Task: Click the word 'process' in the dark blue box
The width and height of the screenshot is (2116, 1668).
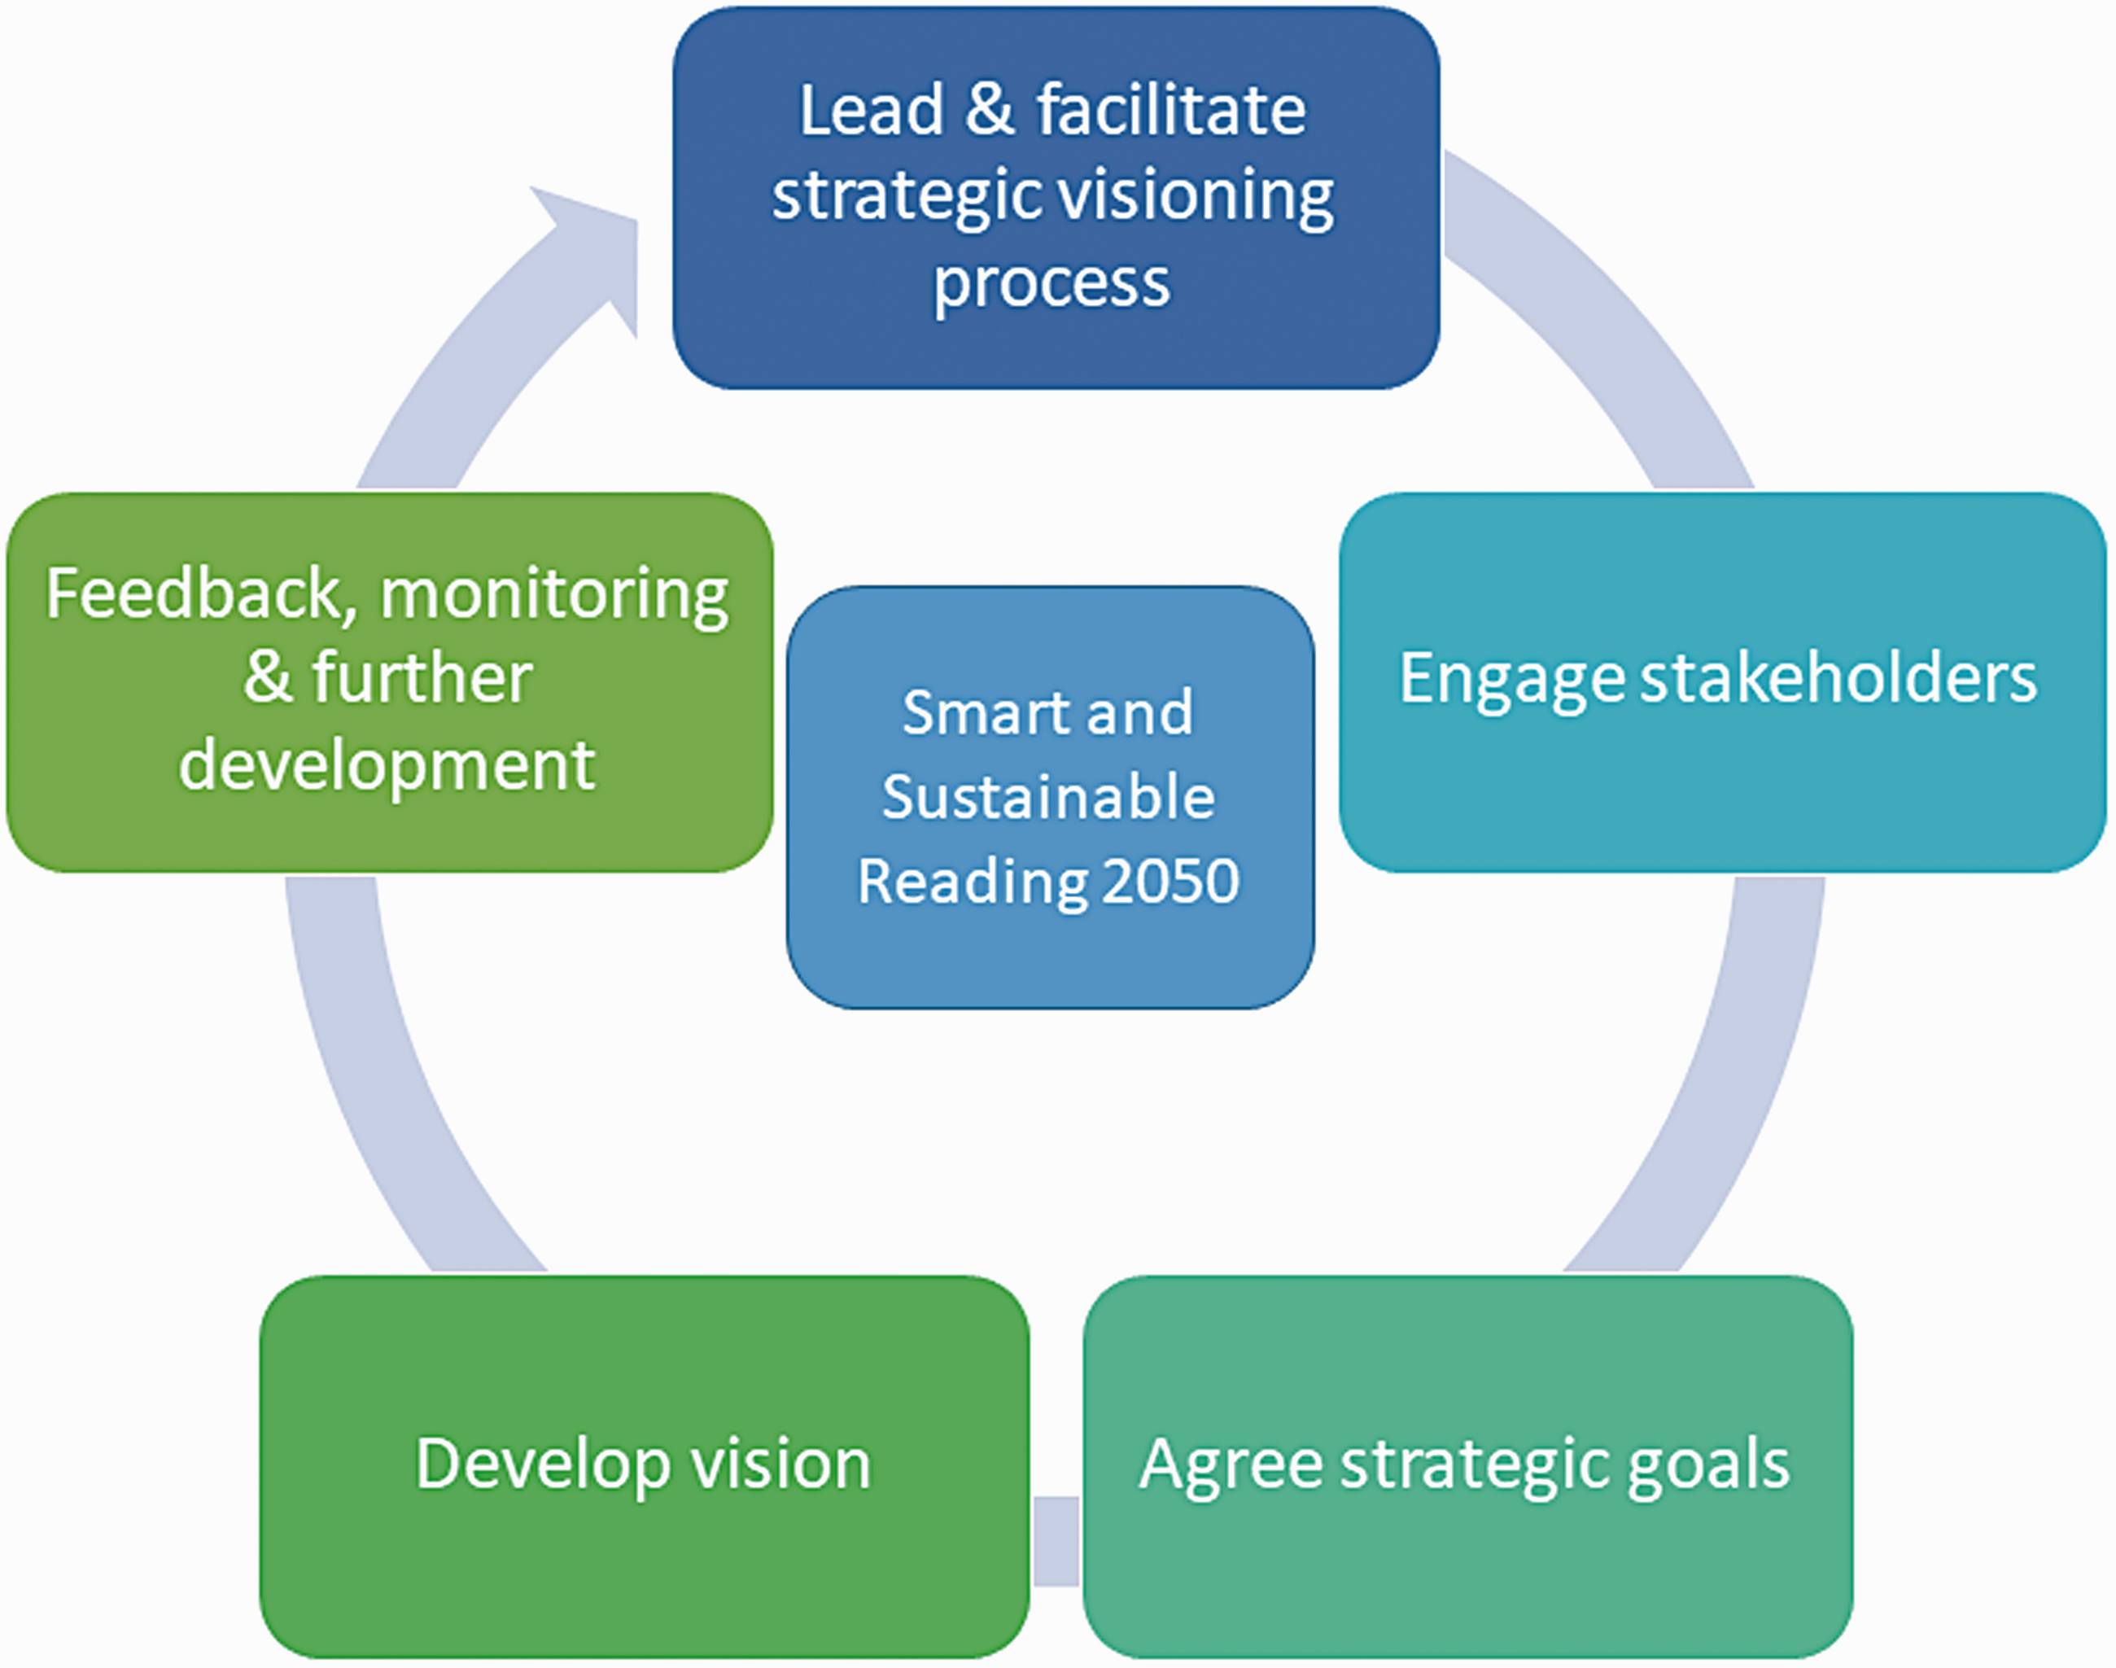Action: click(x=1051, y=284)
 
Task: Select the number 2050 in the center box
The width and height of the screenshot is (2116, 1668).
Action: click(x=1171, y=881)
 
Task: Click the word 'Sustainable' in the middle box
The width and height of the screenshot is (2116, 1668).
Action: click(x=1049, y=796)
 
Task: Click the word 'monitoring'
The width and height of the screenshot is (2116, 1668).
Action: click(x=554, y=598)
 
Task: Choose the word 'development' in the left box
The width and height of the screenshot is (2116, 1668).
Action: click(x=387, y=767)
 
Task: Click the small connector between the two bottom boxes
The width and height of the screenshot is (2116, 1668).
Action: click(x=1056, y=1541)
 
